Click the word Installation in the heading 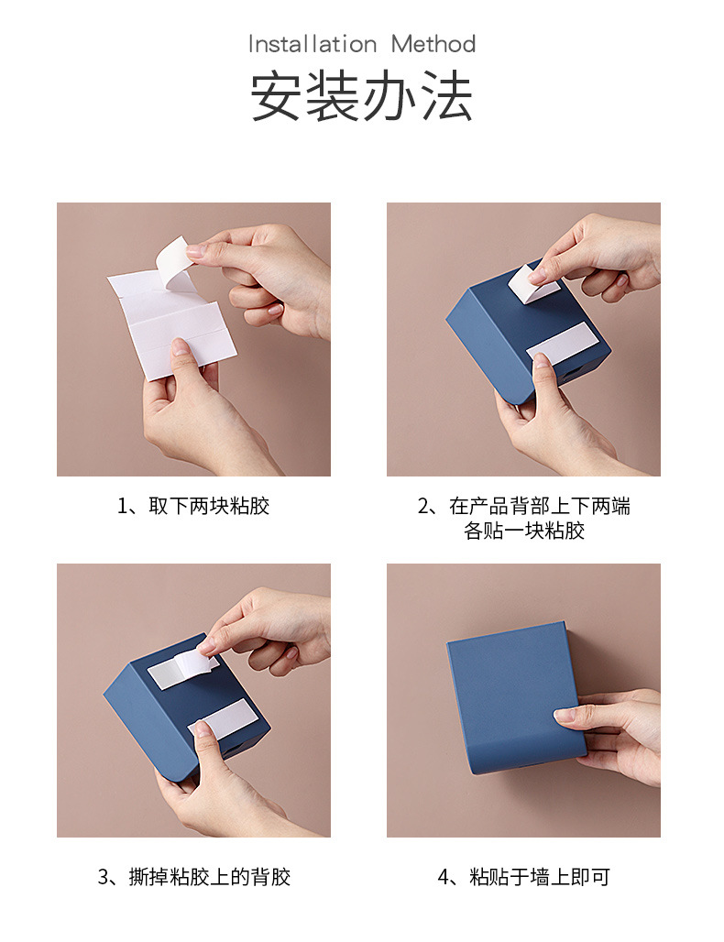[313, 44]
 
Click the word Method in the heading [433, 44]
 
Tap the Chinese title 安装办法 [362, 95]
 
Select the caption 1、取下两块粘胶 [193, 506]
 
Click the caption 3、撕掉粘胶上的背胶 [194, 877]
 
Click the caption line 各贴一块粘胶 [524, 531]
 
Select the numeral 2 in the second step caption [423, 506]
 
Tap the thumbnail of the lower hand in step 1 [180, 345]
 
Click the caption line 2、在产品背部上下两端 [524, 506]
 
